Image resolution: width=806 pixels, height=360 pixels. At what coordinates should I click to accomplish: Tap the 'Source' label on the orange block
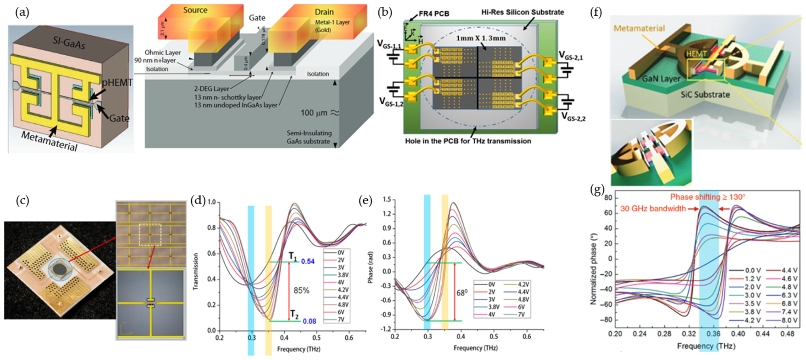(x=195, y=10)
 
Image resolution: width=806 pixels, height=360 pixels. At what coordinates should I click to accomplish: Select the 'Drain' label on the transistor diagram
(x=324, y=12)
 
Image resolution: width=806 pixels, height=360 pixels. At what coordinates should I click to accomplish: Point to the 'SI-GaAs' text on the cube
(x=69, y=42)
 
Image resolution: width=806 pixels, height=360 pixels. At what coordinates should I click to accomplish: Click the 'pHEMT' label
(x=117, y=83)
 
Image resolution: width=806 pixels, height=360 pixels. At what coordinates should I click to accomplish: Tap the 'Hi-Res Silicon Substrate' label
(x=522, y=12)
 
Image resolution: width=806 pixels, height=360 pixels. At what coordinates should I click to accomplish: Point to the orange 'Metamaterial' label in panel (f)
(x=639, y=28)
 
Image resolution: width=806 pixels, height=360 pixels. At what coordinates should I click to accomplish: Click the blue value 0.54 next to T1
(x=308, y=261)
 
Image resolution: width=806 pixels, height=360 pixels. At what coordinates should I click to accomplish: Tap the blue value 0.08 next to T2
(x=309, y=321)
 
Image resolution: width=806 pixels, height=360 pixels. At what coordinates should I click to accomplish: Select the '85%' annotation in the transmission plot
(x=301, y=291)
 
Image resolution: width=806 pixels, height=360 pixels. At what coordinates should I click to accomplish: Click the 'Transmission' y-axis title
(x=196, y=271)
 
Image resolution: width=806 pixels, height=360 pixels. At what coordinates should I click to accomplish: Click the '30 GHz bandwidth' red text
(x=653, y=208)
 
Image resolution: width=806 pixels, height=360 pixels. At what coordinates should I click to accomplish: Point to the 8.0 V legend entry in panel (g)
(x=788, y=320)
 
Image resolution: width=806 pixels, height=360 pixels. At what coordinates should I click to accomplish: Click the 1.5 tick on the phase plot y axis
(x=387, y=200)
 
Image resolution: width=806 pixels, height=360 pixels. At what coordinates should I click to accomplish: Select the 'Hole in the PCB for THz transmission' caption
(x=468, y=141)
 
